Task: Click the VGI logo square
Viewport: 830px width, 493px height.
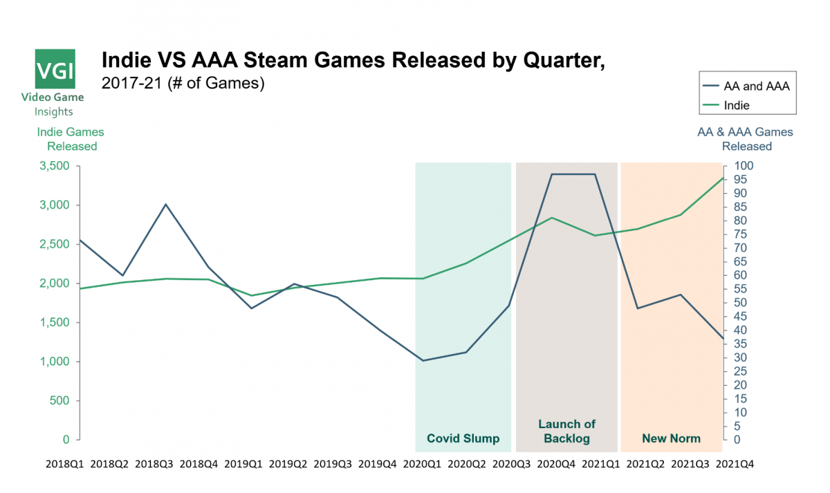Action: click(x=55, y=69)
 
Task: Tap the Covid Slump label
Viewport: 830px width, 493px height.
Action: click(x=463, y=438)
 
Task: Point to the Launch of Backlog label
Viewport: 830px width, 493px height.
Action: click(x=566, y=431)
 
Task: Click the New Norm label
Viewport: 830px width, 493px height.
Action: click(x=671, y=438)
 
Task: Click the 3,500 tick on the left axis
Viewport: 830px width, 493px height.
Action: click(x=55, y=167)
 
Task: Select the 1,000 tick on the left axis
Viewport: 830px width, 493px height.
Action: click(x=55, y=362)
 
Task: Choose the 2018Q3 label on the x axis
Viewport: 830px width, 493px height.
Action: click(x=156, y=465)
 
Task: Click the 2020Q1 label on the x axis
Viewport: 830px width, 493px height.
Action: click(x=423, y=465)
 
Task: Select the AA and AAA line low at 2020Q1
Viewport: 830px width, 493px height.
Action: click(x=423, y=360)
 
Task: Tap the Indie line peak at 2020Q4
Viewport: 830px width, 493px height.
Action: click(x=552, y=218)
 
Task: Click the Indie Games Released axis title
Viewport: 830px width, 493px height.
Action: click(x=72, y=139)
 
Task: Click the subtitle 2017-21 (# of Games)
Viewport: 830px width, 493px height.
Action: click(x=183, y=84)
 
